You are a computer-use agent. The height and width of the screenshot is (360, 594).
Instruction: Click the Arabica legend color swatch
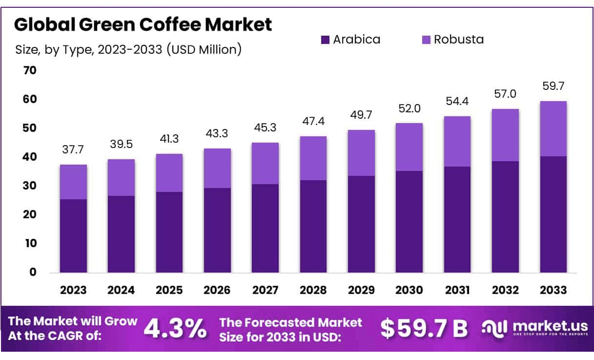point(325,40)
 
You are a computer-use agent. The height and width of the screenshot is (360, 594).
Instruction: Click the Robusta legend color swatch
point(426,40)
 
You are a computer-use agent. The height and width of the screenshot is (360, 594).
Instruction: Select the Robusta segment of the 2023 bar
point(73,182)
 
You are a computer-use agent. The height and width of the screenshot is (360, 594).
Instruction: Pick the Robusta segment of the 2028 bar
point(313,158)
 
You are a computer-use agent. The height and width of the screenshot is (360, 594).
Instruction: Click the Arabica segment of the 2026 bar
point(217,230)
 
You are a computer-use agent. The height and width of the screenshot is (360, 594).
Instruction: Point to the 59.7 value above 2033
point(553,86)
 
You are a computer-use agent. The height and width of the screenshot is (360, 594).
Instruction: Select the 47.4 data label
point(313,121)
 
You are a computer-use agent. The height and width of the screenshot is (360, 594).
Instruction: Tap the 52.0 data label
point(409,108)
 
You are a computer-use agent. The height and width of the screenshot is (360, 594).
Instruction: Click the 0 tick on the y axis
point(33,272)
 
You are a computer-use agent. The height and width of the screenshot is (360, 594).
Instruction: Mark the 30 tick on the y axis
point(30,186)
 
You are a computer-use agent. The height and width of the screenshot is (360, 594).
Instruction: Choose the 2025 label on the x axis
point(169,290)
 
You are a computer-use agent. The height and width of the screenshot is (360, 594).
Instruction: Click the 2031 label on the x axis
point(457,290)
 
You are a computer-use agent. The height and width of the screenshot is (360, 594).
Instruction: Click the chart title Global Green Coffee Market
point(143,25)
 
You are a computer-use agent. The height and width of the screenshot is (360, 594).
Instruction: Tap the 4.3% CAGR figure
point(175,329)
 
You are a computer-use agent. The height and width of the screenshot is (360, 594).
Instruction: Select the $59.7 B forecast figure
point(424,329)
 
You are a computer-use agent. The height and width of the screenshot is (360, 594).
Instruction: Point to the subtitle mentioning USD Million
point(128,49)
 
